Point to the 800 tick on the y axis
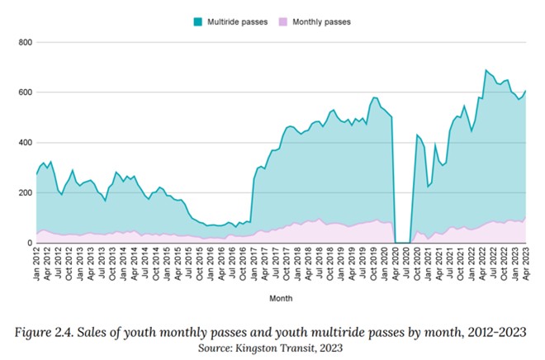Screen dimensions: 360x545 point(23,42)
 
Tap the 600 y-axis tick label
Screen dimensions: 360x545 point(23,92)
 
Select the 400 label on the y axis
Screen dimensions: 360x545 point(23,143)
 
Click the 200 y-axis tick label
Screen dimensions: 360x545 point(23,193)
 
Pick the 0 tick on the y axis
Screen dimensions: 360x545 point(28,244)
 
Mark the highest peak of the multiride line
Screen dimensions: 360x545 point(486,70)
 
